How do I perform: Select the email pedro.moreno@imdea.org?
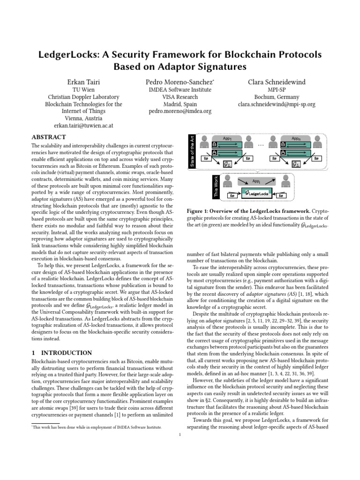click(x=180, y=112)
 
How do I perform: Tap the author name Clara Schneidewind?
click(x=276, y=82)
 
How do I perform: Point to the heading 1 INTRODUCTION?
click(x=61, y=352)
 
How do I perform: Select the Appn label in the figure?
click(x=296, y=139)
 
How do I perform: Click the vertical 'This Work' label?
click(x=191, y=186)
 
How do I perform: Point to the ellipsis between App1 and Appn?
click(x=261, y=146)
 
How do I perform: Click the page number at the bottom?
click(x=180, y=435)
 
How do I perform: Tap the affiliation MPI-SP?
click(x=276, y=90)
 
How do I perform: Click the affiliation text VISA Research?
click(x=180, y=97)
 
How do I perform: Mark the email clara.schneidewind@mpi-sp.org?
click(x=276, y=104)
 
